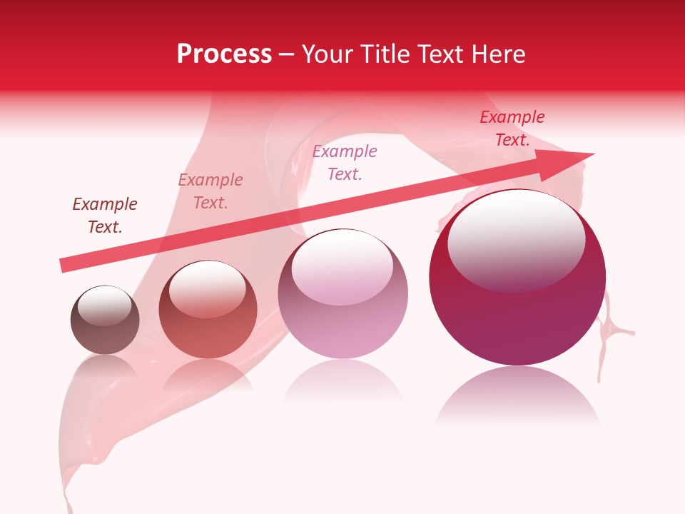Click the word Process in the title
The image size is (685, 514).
tap(224, 54)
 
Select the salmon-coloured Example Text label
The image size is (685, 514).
tap(210, 191)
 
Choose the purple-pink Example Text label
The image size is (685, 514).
tap(345, 163)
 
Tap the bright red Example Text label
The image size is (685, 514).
tap(512, 128)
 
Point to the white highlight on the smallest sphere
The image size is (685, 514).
tap(104, 305)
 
